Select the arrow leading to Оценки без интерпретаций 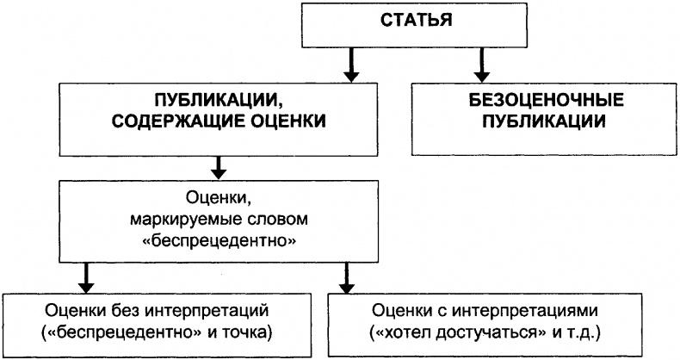(x=86, y=278)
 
